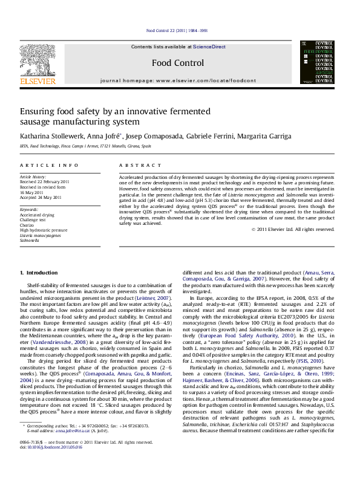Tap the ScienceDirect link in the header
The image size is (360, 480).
[209, 47]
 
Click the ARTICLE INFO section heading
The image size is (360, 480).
[49, 165]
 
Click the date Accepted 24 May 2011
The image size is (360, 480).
[41, 197]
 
